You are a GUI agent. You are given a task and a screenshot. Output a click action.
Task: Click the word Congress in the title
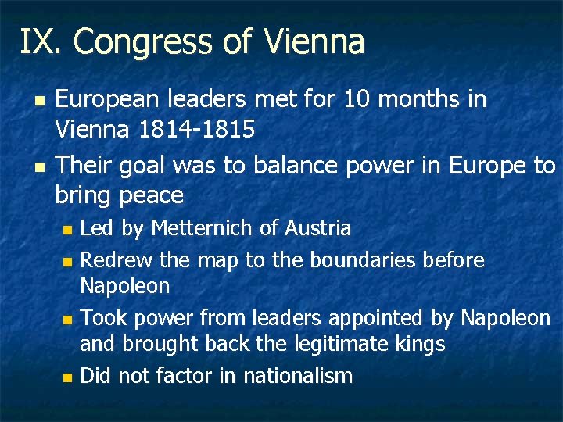149,42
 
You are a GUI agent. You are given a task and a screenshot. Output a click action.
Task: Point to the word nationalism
298,376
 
